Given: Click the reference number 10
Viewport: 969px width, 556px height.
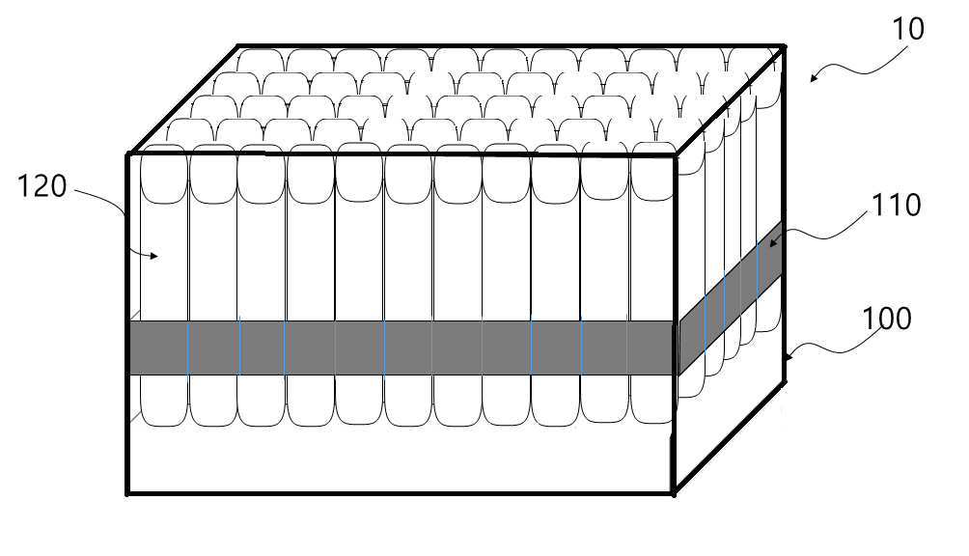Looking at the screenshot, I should point(908,29).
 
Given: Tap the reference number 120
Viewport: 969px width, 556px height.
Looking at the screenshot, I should point(42,185).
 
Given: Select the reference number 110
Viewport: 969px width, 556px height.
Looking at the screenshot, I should point(897,205).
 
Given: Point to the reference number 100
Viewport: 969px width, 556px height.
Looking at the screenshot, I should point(887,319).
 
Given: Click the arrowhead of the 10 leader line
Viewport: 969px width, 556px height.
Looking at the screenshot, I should point(811,78).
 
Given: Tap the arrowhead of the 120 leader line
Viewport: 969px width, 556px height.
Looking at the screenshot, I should point(155,256).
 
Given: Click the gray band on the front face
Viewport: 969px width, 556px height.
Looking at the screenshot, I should point(401,347).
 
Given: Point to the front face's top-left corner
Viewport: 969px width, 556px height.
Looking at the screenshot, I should point(128,153).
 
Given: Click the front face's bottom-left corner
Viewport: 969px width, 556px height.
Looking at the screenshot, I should point(128,493).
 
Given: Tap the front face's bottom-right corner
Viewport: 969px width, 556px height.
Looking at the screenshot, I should point(674,493).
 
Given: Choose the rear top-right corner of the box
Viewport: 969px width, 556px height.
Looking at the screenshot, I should point(782,44).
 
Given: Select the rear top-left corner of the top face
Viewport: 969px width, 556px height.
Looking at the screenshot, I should point(238,45).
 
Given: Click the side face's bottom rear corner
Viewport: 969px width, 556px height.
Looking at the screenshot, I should point(784,381).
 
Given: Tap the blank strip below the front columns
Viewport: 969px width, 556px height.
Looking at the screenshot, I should point(401,459).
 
